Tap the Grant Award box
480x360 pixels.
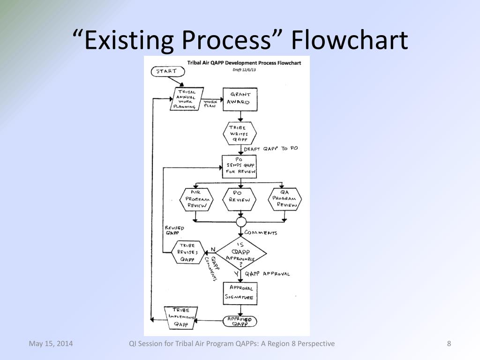(x=240, y=98)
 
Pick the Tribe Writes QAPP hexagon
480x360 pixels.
(x=240, y=133)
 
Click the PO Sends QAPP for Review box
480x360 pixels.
(x=240, y=166)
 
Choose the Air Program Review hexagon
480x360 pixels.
(x=196, y=199)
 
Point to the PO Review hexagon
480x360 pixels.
(x=240, y=199)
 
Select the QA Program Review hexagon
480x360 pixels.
(x=285, y=199)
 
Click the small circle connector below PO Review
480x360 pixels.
(x=241, y=221)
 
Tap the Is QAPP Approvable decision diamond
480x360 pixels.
(x=240, y=253)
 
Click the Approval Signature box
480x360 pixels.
(x=241, y=293)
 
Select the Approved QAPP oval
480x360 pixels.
(x=240, y=321)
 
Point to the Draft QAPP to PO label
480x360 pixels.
(x=271, y=149)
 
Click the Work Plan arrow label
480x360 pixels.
(x=210, y=103)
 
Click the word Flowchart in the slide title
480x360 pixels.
(x=349, y=40)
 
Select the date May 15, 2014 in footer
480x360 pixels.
(x=51, y=344)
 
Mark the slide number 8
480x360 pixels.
(x=449, y=344)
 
